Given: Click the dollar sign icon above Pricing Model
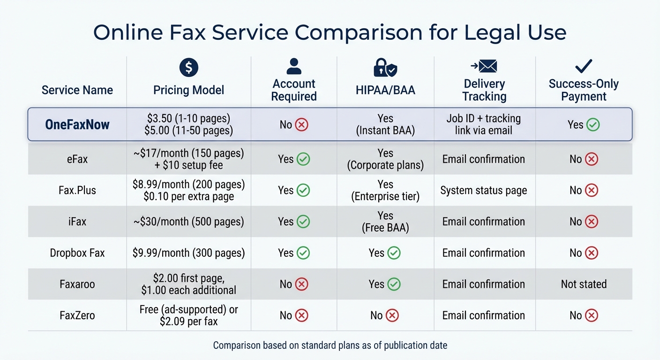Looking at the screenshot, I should (x=188, y=68).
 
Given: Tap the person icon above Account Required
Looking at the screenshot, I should (x=294, y=67).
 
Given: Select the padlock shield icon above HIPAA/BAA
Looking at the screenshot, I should (x=385, y=68).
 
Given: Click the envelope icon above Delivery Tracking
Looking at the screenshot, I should (x=484, y=67).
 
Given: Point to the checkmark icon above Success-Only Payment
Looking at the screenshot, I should (x=584, y=67).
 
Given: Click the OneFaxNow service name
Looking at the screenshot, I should (x=77, y=125).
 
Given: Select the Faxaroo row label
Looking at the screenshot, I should (x=77, y=284).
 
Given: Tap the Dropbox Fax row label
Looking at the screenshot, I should (x=77, y=253).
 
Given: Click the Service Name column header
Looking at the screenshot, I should (x=77, y=90).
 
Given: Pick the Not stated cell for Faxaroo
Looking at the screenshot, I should (x=584, y=284).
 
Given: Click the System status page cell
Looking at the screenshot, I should (x=484, y=190).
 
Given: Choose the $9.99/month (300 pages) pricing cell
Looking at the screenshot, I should (x=188, y=253).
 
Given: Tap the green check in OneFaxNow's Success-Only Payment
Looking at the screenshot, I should (x=593, y=125).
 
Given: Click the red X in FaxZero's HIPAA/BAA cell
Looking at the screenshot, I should (x=392, y=315).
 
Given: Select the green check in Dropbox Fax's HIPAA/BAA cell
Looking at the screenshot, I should (x=394, y=253).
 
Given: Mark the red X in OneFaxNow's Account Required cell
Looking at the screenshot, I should (x=302, y=125).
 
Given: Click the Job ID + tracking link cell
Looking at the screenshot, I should (x=484, y=125).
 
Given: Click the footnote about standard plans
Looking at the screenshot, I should (x=330, y=345).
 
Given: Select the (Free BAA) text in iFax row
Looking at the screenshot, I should (x=385, y=228).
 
